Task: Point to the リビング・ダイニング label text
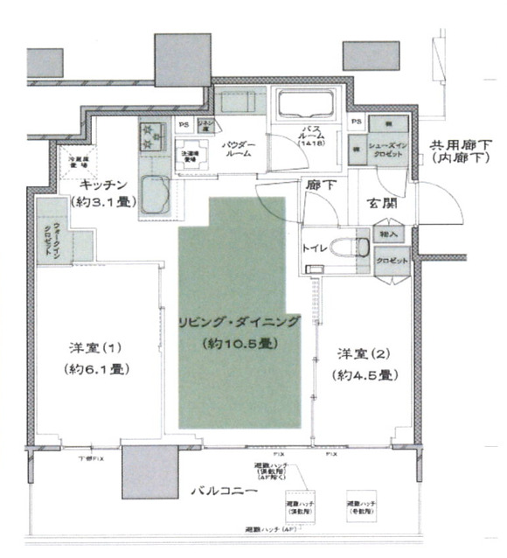(x=238, y=322)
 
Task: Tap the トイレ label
(x=314, y=248)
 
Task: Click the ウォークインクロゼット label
(x=44, y=237)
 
